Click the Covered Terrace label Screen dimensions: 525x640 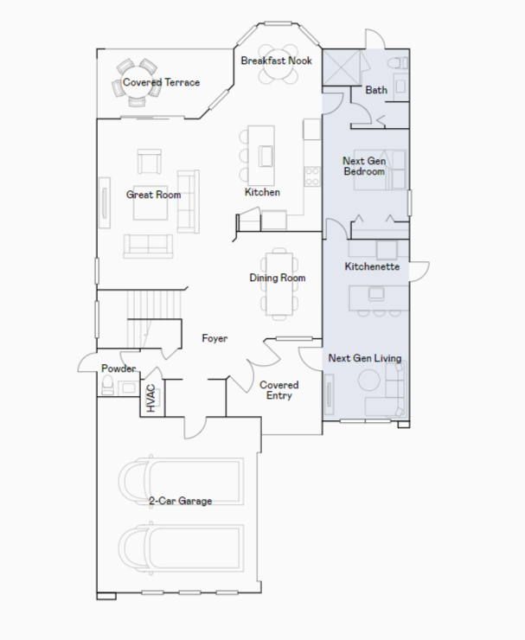point(161,82)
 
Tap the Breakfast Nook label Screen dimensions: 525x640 point(277,61)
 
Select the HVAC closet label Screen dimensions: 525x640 point(151,398)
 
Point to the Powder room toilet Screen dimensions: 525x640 point(108,385)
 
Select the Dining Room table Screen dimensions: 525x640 point(279,284)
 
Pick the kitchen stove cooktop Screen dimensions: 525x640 point(312,176)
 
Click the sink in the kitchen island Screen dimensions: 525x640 point(266,156)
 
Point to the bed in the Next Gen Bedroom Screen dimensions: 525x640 point(380,170)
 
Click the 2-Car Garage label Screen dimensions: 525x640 point(181,501)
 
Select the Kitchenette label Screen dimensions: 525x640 point(372,266)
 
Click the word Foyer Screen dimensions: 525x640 point(214,338)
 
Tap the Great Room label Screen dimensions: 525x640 point(153,195)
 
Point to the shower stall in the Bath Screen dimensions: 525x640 point(342,67)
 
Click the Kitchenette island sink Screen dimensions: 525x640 point(376,293)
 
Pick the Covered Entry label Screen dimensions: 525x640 point(279,390)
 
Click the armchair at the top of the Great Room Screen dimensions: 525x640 point(150,162)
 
